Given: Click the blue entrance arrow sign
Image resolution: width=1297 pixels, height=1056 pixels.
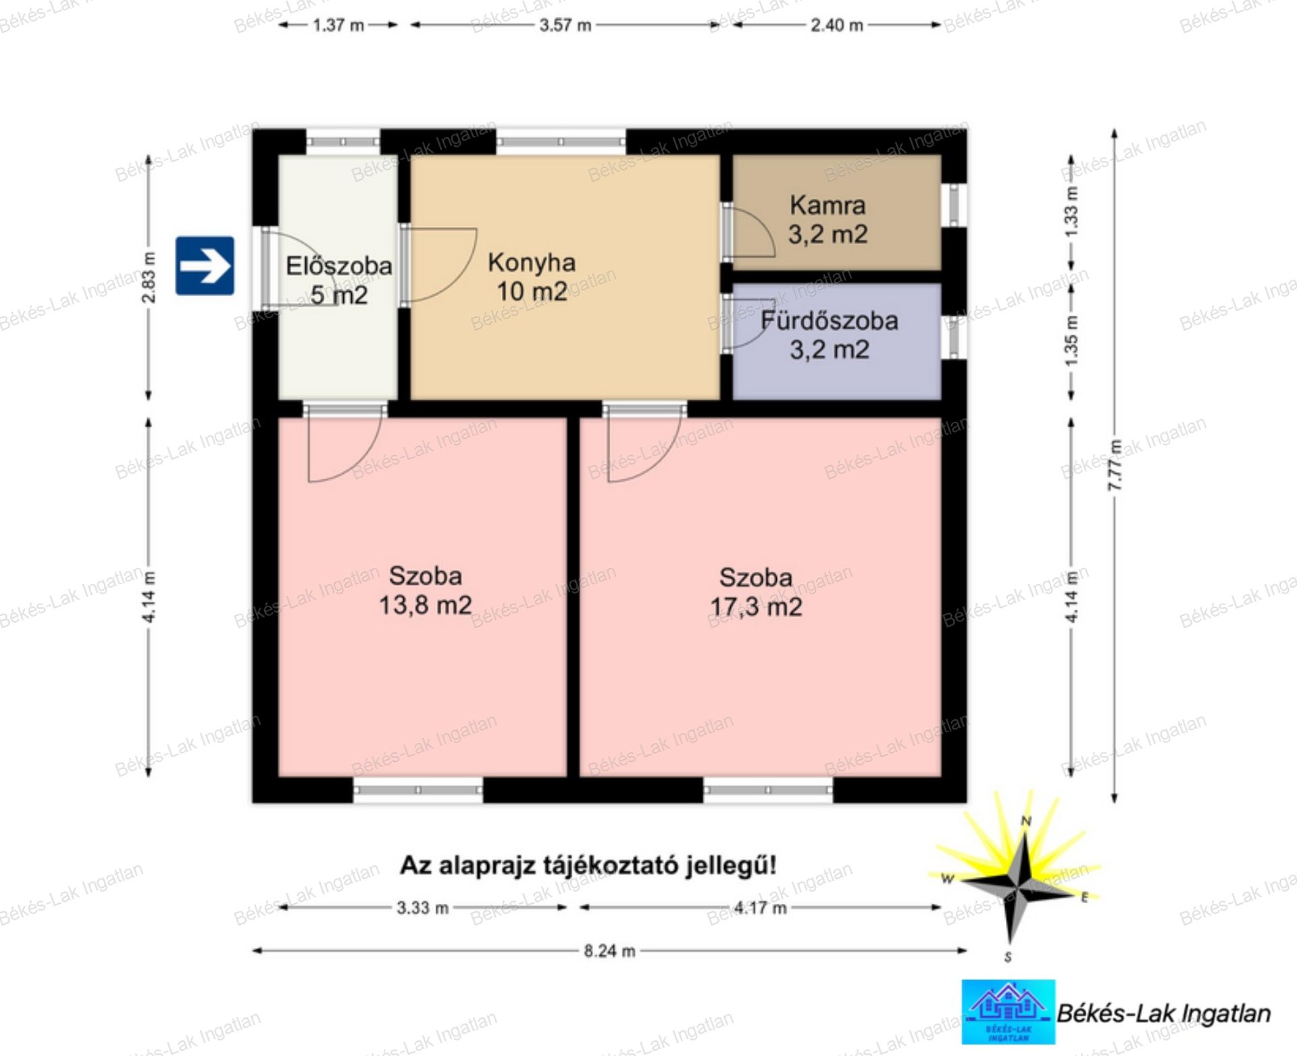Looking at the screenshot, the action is (x=205, y=266).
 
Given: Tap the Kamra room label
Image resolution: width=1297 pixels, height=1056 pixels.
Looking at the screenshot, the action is (x=828, y=205).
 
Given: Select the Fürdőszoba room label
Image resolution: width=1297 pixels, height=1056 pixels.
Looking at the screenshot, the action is (x=830, y=320).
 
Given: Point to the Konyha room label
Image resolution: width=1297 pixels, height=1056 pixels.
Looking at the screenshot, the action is (x=532, y=262).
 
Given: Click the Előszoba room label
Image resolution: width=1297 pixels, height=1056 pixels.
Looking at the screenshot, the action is (x=339, y=266).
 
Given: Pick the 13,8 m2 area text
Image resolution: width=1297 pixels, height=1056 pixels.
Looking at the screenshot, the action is (x=425, y=604).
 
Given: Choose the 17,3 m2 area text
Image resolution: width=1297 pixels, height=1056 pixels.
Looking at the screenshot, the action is (x=756, y=606).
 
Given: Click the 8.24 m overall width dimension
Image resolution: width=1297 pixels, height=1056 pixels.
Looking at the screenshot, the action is (x=609, y=951).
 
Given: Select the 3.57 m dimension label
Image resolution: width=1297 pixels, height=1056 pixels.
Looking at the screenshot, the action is (x=565, y=26).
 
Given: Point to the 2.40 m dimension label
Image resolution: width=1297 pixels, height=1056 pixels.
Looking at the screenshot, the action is (x=837, y=26).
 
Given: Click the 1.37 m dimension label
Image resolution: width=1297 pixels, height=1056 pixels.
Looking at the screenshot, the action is (x=338, y=26).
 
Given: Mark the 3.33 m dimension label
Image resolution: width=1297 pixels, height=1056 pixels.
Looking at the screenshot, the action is (x=423, y=907).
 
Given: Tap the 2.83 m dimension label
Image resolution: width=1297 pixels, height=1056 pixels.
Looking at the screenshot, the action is (x=149, y=277).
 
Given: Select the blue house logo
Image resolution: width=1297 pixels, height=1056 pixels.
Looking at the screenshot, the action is (x=1009, y=1011).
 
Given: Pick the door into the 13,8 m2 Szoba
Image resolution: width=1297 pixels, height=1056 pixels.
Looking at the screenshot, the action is (x=345, y=443).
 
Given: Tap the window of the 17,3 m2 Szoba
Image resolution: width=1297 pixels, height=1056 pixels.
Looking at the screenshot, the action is (x=768, y=790).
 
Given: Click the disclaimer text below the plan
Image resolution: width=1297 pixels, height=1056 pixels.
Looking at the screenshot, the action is (x=588, y=865).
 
